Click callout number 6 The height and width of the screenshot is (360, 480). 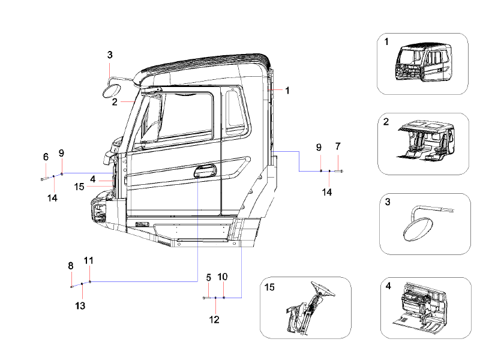46,157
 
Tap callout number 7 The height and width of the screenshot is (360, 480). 338,146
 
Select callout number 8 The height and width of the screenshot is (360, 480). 71,266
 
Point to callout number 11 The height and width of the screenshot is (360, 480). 89,261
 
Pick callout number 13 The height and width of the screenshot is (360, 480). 80,305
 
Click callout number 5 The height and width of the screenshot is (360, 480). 209,277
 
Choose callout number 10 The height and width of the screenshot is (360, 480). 223,277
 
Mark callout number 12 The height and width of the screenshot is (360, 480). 214,319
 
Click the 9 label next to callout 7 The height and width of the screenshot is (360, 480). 320,147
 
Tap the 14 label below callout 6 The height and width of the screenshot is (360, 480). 52,197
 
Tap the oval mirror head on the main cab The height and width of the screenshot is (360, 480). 111,91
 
